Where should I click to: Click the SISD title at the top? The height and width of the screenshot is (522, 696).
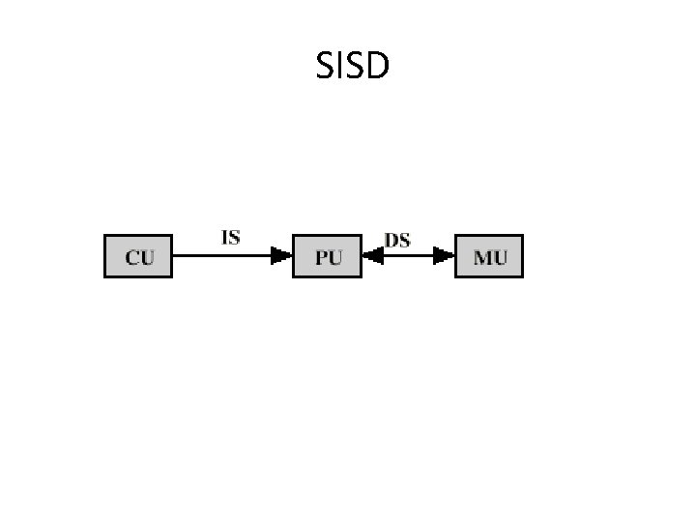click(x=352, y=66)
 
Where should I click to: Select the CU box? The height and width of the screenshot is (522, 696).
click(x=138, y=256)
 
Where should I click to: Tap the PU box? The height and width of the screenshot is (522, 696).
click(x=327, y=256)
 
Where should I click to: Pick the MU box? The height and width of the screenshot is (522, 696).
click(x=489, y=256)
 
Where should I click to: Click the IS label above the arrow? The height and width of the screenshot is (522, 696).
click(x=231, y=237)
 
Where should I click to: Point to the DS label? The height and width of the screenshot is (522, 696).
click(x=397, y=239)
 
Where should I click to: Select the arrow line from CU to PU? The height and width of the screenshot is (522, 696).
click(x=222, y=256)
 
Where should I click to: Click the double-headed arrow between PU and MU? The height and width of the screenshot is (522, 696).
click(x=408, y=256)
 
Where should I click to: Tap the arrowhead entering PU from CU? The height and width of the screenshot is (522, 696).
click(x=282, y=256)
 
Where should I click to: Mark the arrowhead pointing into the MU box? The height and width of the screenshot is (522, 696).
click(x=445, y=256)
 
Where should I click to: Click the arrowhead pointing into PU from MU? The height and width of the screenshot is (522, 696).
click(x=372, y=256)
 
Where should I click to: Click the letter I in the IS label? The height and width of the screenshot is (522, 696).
click(x=225, y=237)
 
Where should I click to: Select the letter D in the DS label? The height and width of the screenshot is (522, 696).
click(x=391, y=239)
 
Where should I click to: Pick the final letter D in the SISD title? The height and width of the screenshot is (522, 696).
click(x=377, y=66)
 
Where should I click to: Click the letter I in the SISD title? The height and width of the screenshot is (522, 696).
click(x=339, y=66)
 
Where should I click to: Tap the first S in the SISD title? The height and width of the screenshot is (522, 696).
click(x=325, y=66)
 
